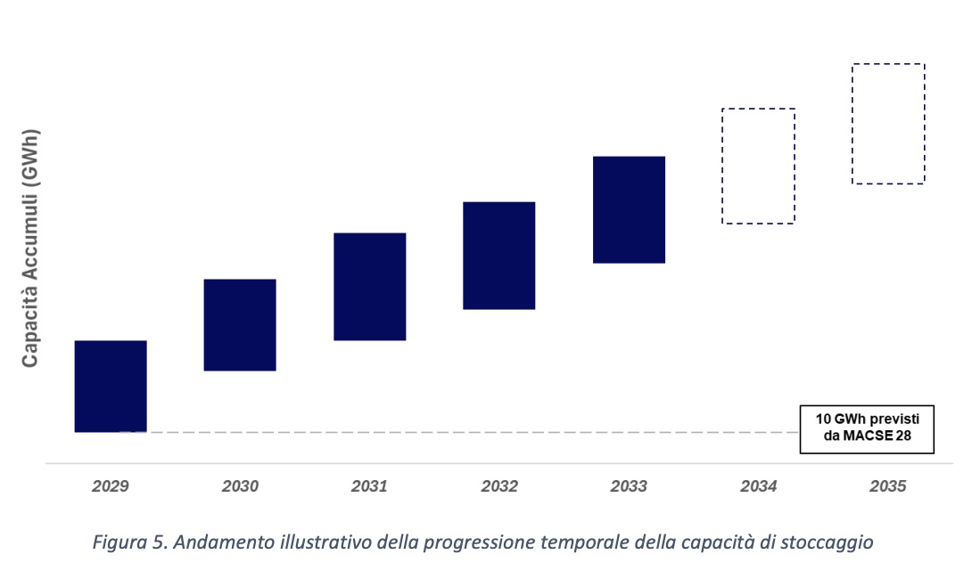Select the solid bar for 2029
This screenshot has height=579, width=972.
tap(111, 386)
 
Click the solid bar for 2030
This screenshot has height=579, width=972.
tap(240, 324)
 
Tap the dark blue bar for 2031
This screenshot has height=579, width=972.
tap(370, 286)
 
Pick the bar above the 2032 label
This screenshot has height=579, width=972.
tap(499, 255)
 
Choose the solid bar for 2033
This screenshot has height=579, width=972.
tap(630, 209)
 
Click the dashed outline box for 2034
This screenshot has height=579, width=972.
tap(758, 166)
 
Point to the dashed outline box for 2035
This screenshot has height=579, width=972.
tap(888, 124)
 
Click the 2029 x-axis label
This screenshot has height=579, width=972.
tap(111, 487)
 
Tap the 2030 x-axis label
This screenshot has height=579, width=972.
tap(240, 487)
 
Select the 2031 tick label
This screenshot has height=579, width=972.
tap(369, 487)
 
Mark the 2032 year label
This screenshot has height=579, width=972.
tap(499, 487)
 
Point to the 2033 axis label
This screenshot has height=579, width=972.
tap(629, 487)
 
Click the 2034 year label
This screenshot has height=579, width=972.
tap(759, 487)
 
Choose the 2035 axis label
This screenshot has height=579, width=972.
tap(888, 487)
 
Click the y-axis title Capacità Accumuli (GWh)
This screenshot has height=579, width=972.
tap(30, 249)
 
